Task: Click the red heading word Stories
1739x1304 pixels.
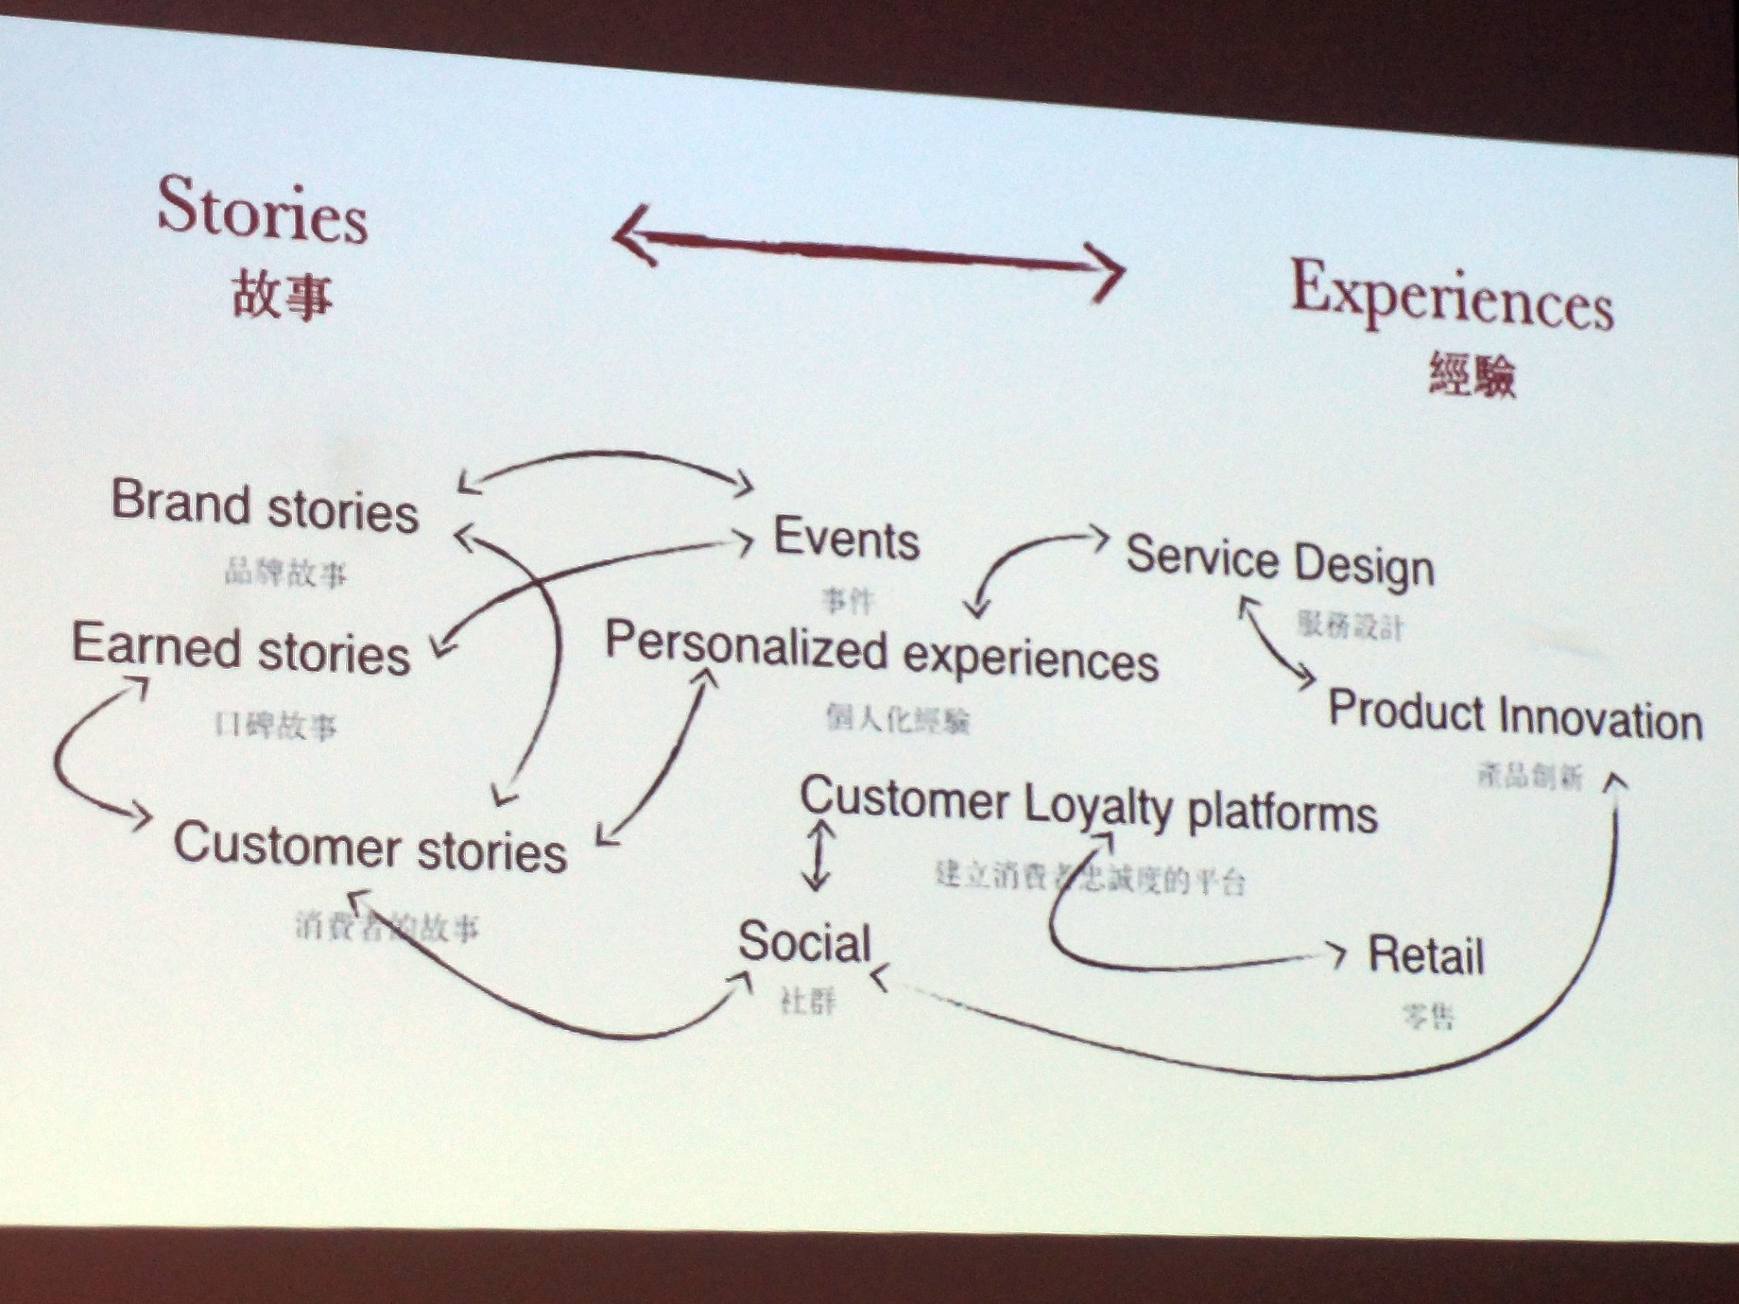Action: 262,211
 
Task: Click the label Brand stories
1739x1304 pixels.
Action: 265,506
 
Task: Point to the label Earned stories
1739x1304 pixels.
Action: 241,650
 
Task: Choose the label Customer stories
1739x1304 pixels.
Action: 370,846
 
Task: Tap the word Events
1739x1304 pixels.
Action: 846,539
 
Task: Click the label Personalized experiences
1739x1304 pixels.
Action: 881,651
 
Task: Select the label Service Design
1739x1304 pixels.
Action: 1280,560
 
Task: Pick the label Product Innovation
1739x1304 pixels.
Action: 1515,716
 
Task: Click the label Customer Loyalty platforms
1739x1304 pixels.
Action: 1088,806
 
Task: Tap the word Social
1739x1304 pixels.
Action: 804,942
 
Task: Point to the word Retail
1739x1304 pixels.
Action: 1426,954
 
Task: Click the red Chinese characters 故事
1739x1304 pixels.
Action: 282,295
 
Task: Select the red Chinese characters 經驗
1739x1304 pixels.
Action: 1472,374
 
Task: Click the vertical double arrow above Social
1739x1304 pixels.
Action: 818,855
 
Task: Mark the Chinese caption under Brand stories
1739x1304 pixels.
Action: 285,572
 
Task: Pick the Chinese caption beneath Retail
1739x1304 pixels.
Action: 1428,1017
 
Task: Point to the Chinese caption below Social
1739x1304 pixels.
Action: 808,1001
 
